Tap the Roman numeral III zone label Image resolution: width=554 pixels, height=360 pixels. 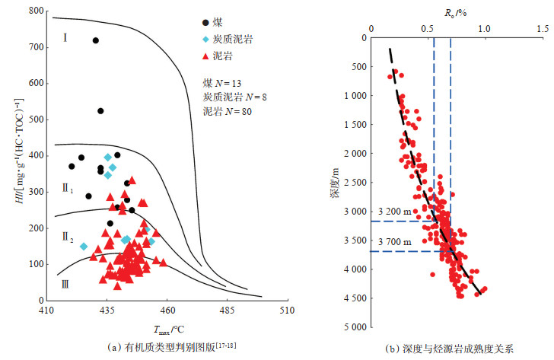tap(66, 283)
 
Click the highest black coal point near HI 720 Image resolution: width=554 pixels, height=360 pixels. tap(96, 40)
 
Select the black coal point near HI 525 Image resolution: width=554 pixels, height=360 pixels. tap(100, 110)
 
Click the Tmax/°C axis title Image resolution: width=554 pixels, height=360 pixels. tap(168, 329)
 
